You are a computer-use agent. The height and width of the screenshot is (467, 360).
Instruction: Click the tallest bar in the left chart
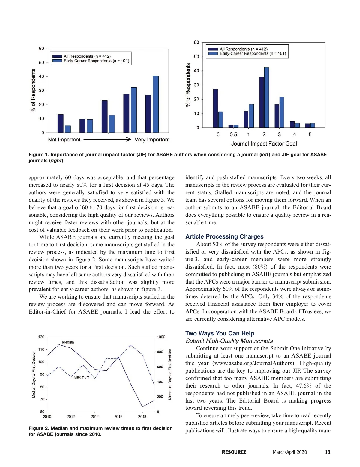click(155, 104)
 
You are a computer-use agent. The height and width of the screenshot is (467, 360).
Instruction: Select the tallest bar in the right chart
click(266, 97)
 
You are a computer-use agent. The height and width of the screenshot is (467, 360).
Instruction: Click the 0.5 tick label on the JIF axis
click(233, 135)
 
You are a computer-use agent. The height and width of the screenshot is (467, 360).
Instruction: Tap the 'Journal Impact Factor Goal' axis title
click(264, 144)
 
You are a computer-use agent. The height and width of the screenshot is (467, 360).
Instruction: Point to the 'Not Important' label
click(64, 140)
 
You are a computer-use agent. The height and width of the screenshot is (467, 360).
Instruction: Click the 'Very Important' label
click(152, 140)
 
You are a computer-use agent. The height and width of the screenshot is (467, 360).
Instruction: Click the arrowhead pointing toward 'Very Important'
click(129, 139)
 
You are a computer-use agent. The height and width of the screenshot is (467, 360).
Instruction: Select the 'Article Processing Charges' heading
click(224, 236)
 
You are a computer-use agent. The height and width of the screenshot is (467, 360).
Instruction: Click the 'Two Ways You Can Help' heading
click(220, 333)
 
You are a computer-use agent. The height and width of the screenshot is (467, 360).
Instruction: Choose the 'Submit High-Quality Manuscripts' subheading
click(229, 341)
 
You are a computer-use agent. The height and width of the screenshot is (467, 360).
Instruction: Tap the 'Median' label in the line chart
click(68, 342)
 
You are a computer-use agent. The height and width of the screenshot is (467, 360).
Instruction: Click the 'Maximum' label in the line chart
click(82, 377)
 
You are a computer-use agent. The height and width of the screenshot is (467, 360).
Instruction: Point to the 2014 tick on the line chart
click(95, 416)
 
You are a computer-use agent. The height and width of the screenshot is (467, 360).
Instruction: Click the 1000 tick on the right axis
click(161, 337)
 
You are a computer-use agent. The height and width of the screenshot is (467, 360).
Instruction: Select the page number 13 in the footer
click(328, 452)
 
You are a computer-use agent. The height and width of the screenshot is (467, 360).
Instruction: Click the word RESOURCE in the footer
click(234, 452)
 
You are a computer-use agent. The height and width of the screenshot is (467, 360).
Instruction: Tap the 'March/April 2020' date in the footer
click(290, 452)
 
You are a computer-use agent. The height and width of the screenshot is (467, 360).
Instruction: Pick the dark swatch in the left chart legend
click(57, 56)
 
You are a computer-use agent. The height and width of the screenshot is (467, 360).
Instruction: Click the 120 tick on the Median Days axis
click(41, 337)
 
